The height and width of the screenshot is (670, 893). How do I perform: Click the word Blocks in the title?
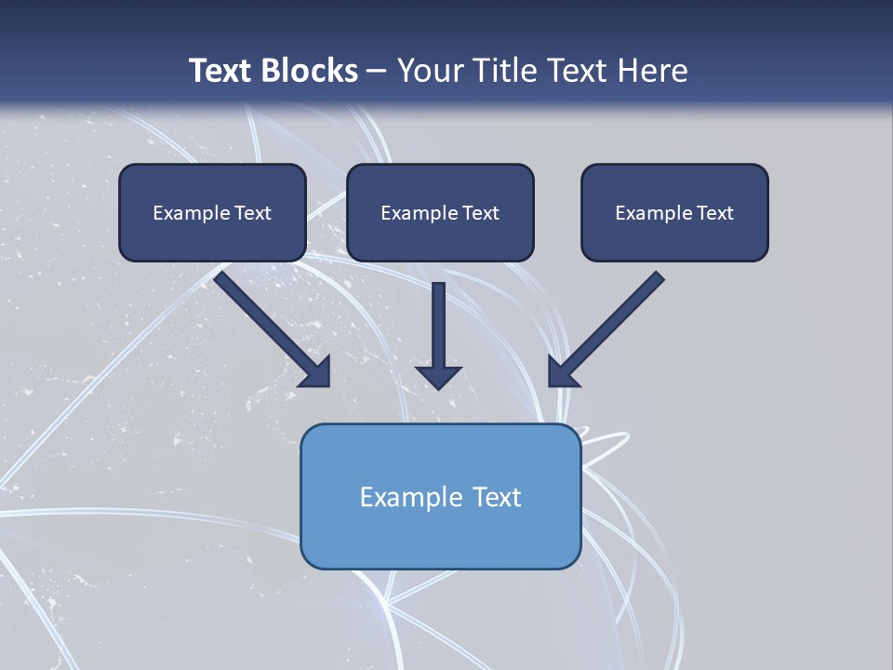click(312, 71)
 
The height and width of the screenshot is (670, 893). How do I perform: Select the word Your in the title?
click(431, 71)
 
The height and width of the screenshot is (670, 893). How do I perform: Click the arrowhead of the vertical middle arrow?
click(438, 376)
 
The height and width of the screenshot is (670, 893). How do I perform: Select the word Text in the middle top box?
click(480, 213)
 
